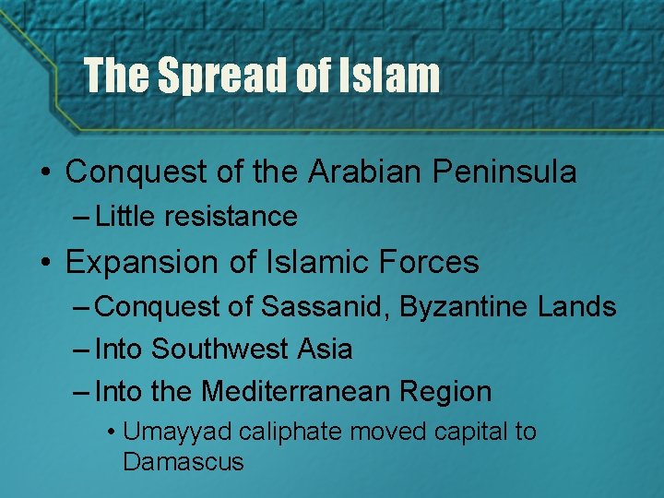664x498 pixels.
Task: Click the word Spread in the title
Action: coord(224,75)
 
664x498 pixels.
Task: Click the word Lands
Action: coord(576,306)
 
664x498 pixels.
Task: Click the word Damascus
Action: coord(183,462)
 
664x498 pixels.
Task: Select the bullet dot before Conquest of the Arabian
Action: coord(44,172)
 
